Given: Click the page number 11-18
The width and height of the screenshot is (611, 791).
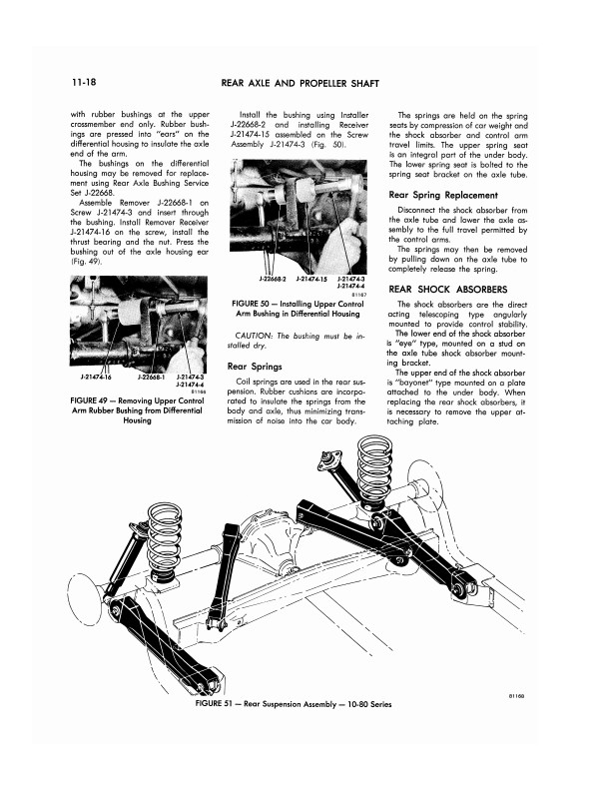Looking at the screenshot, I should tap(85, 79).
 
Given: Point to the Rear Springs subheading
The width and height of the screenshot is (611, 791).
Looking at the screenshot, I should tap(253, 366).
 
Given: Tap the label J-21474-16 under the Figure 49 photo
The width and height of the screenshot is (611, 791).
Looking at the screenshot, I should tap(97, 377).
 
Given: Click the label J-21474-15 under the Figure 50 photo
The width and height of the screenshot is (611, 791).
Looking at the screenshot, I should tap(313, 279).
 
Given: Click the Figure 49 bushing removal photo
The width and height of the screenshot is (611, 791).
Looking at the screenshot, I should tap(136, 326).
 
